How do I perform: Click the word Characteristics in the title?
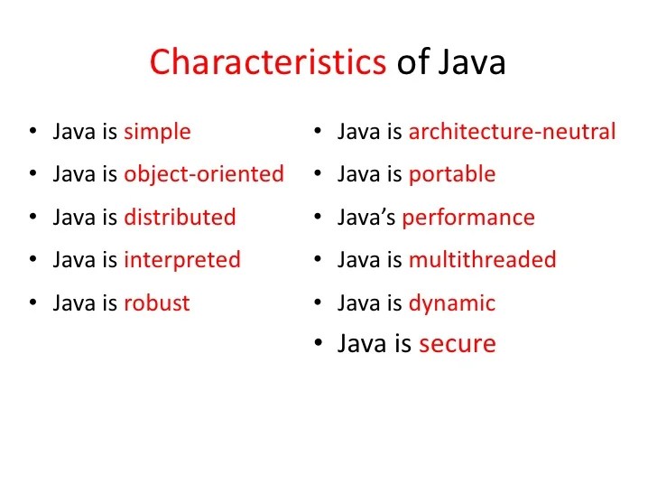pos(268,63)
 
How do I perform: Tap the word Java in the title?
pos(473,63)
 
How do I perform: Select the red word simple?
pos(157,132)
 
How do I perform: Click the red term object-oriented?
pos(203,173)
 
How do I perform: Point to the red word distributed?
pos(180,218)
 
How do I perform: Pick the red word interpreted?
pos(182,261)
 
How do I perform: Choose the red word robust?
pos(157,303)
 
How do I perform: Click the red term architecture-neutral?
pos(512,132)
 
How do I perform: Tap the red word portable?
pos(452,174)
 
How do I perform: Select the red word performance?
pos(468,218)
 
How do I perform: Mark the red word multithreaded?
pos(482,261)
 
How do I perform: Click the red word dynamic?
pos(452,303)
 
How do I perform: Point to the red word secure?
pos(457,344)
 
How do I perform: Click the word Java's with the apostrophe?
pos(366,218)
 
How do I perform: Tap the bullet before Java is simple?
pos(33,132)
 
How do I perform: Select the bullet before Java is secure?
pos(319,344)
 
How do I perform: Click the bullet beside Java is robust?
pos(33,303)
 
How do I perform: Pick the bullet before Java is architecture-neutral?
pos(319,132)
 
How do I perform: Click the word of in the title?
pos(413,63)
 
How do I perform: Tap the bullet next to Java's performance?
pos(319,218)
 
